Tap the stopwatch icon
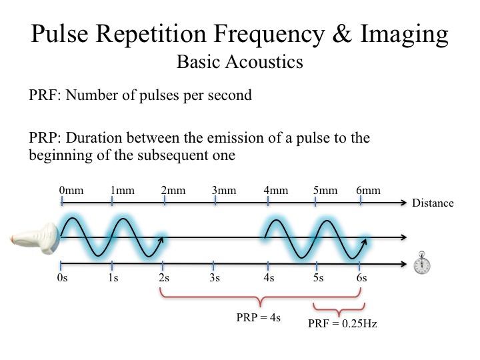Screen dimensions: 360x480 click(421, 263)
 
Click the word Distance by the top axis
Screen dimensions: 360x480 click(433, 203)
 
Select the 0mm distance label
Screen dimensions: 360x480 click(71, 191)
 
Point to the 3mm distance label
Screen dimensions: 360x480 click(224, 191)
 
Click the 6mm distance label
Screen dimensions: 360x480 click(368, 191)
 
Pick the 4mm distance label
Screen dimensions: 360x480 click(275, 191)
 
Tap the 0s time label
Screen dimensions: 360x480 click(63, 278)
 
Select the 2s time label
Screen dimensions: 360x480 click(164, 278)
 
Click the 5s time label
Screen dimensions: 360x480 click(318, 278)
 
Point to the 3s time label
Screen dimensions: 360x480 click(215, 278)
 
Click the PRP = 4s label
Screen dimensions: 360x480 click(258, 317)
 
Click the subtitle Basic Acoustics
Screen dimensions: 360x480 click(239, 62)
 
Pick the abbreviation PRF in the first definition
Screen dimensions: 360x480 click(43, 95)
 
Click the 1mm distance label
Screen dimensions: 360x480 click(122, 191)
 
